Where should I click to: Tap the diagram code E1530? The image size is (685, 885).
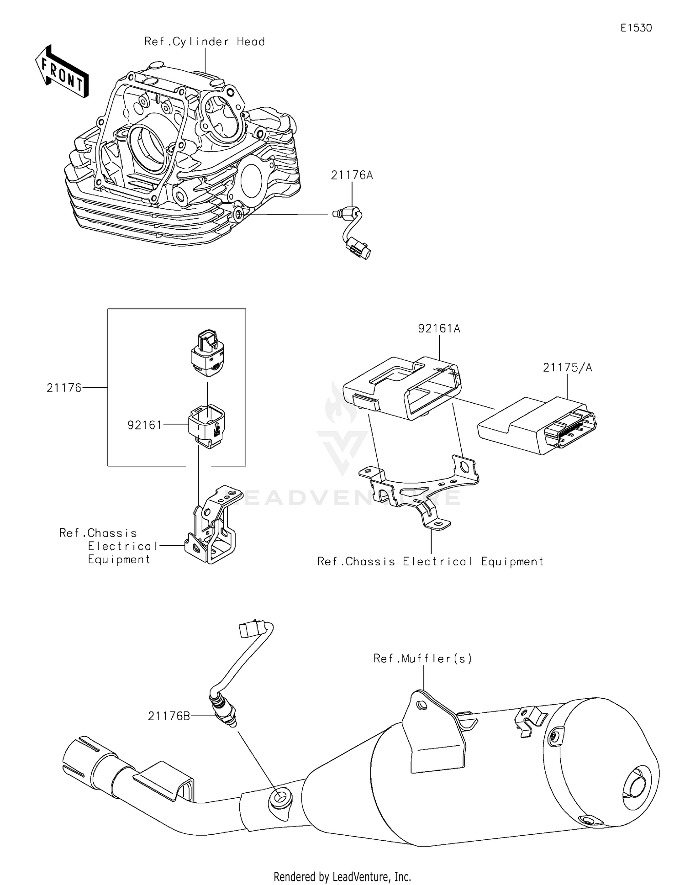coord(636,28)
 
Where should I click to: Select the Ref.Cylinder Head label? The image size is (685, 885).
coord(204,42)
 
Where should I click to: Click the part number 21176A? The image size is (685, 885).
coord(352,175)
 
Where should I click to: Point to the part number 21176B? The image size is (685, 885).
coord(169,716)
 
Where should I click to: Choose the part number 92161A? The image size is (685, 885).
coord(439,328)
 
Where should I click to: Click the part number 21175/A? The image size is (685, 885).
coord(567,368)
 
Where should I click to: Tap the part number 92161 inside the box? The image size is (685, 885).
coord(144,425)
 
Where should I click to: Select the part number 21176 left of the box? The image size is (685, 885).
coord(64,388)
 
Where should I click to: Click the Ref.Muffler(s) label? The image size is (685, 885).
coord(422,658)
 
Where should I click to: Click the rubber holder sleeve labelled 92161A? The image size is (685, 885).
coord(402,386)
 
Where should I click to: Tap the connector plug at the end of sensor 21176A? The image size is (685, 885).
coord(359,248)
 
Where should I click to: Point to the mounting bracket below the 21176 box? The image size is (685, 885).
coord(212,525)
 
